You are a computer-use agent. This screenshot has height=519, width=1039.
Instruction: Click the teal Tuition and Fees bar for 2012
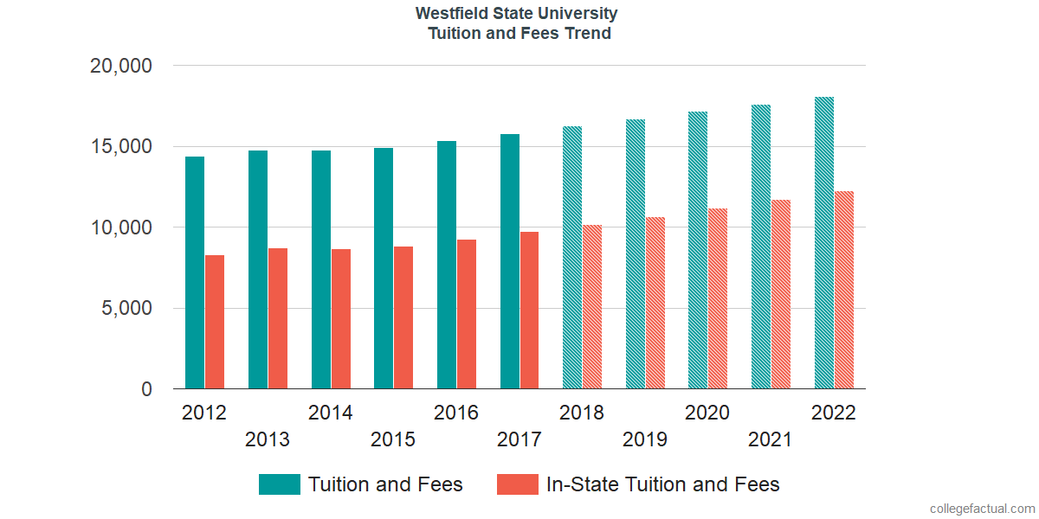click(x=195, y=272)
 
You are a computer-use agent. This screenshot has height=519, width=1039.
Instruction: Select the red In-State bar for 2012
click(x=215, y=322)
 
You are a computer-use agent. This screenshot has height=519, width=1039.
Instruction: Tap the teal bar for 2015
click(x=384, y=268)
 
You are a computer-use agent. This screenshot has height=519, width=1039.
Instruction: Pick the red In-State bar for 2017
click(x=529, y=310)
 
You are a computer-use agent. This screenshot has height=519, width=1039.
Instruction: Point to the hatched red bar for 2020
click(x=718, y=298)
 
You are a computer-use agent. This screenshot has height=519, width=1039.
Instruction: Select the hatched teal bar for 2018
click(x=572, y=258)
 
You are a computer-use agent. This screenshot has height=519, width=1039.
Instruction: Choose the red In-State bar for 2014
click(x=340, y=319)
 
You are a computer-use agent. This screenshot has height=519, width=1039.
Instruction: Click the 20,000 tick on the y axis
click(x=120, y=66)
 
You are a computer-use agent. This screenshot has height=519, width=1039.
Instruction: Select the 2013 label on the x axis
click(x=268, y=439)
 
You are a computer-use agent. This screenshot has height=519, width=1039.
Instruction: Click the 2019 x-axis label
click(x=645, y=439)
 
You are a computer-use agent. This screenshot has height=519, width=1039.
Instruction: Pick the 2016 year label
click(x=456, y=413)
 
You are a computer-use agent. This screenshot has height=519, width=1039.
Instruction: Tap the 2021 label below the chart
click(x=771, y=439)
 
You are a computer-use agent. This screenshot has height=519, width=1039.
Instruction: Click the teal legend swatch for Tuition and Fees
click(x=279, y=484)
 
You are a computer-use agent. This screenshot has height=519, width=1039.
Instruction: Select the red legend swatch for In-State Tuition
click(x=517, y=484)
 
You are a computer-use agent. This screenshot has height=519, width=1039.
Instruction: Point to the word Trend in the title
click(x=590, y=34)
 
